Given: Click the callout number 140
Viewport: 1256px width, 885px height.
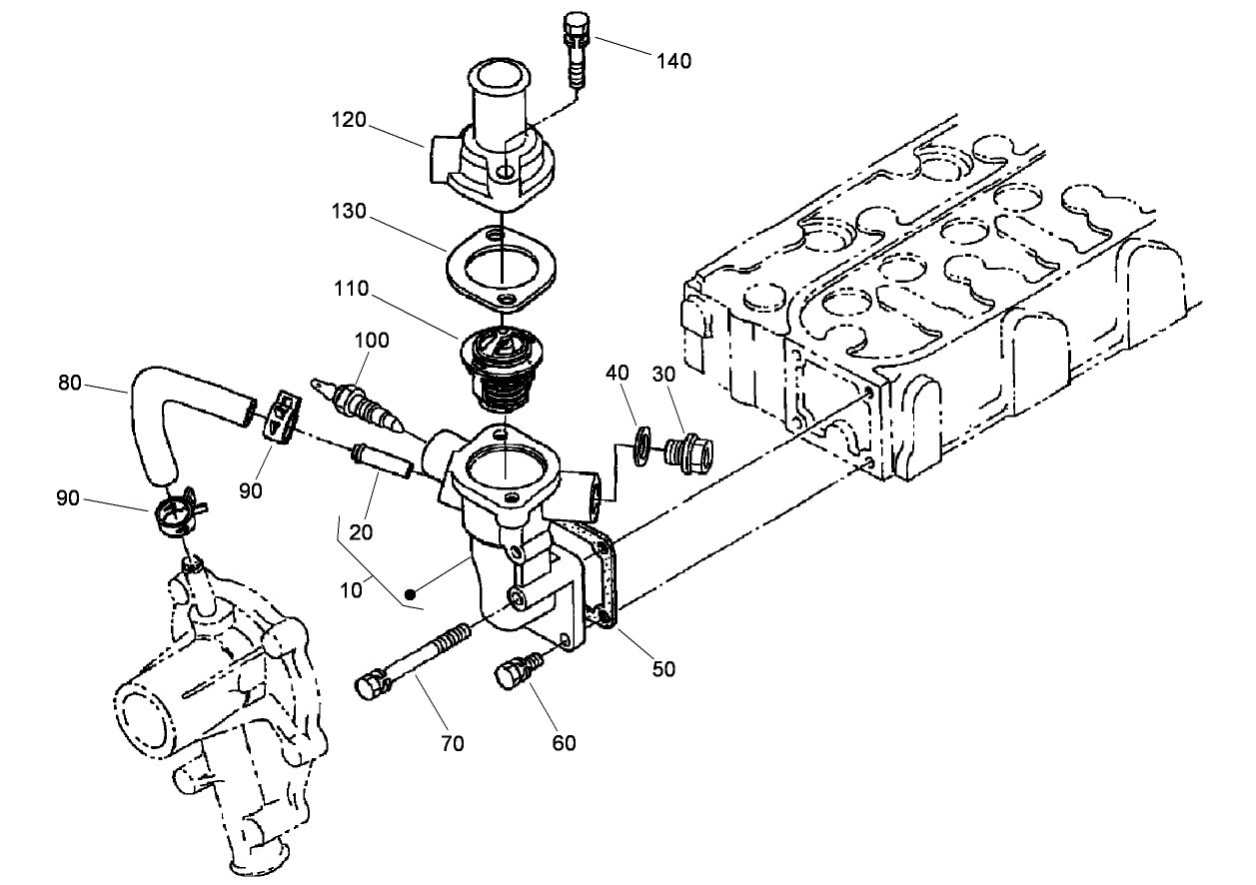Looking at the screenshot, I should tap(673, 61).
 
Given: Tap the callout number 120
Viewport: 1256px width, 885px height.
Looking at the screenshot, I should tap(350, 120).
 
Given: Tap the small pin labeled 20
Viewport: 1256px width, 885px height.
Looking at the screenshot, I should tap(379, 461).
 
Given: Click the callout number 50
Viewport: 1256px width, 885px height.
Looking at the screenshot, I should tap(663, 668).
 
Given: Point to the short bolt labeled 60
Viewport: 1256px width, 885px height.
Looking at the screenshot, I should tap(513, 673).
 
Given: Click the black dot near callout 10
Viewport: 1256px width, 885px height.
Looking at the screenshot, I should tap(410, 593).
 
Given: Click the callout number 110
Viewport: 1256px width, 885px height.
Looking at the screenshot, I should tap(351, 289).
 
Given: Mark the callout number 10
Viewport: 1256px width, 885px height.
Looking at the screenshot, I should tap(351, 589).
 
